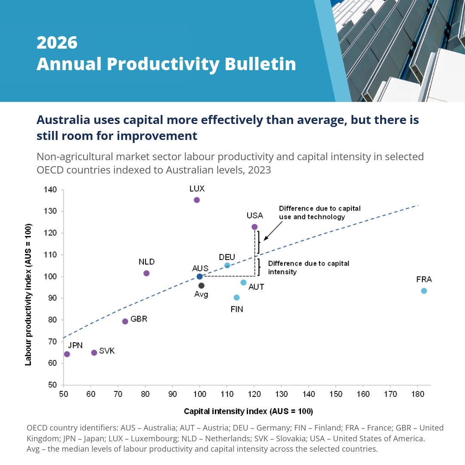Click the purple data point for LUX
pos(197,200)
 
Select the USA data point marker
pos(254,227)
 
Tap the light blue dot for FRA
pos(424,291)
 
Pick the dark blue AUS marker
pos(199,276)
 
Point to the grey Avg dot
pos(201,285)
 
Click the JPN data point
pos(67,354)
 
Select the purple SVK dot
pos(94,353)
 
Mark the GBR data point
pos(125,321)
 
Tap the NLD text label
pos(146,262)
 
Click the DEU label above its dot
pos(227,257)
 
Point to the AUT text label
pos(256,287)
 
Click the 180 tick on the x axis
pos(417,394)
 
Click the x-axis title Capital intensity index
pos(248,411)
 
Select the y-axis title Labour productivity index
pos(28,294)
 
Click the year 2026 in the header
pos(57,43)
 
